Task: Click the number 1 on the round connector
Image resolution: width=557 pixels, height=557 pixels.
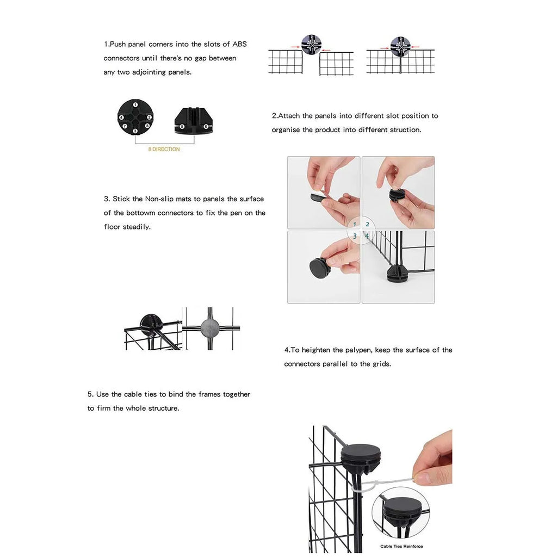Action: click(x=135, y=104)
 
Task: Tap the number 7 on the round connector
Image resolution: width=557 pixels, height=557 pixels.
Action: click(x=125, y=126)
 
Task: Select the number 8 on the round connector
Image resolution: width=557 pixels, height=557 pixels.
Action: click(x=147, y=126)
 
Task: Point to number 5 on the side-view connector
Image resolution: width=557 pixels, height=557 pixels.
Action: click(x=182, y=127)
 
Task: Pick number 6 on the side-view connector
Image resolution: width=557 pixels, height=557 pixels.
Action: click(x=205, y=127)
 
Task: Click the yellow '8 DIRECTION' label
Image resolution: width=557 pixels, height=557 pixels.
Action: click(x=164, y=149)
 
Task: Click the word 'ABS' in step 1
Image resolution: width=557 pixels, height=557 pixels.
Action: click(x=239, y=44)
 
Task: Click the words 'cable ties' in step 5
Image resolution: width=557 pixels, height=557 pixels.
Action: click(x=140, y=394)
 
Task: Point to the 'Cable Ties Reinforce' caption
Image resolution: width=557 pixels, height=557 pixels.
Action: click(x=401, y=546)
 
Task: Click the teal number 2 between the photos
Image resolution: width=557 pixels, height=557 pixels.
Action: click(x=367, y=224)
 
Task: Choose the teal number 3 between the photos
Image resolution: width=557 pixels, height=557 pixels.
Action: click(x=355, y=236)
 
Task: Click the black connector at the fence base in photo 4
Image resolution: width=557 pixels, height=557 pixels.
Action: click(x=398, y=273)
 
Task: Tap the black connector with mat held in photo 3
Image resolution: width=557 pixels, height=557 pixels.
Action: click(x=319, y=268)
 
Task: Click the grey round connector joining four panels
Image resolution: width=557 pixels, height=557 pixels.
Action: click(x=210, y=328)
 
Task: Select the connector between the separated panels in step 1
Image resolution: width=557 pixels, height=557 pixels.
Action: click(x=312, y=45)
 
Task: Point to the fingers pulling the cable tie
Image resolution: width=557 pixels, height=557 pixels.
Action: click(x=432, y=468)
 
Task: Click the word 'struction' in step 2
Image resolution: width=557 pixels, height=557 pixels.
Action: click(x=404, y=130)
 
